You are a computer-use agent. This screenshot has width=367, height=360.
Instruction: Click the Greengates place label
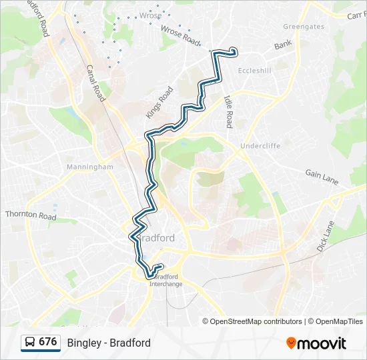pos(303,27)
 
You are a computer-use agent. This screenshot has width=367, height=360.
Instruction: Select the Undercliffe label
pos(260,145)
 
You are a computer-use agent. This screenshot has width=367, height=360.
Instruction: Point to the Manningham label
pos(90,167)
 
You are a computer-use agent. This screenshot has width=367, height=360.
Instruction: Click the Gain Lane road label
pos(322,177)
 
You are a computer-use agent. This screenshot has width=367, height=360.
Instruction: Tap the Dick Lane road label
pos(324,236)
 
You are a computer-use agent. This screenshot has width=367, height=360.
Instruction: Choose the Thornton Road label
pos(30,215)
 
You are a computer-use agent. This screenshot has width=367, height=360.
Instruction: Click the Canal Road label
pos(95,83)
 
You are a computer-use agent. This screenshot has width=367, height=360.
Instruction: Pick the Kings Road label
pos(159,102)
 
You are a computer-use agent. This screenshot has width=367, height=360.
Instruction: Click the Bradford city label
pos(156,238)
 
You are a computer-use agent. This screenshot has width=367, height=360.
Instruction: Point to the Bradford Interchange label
pos(166,280)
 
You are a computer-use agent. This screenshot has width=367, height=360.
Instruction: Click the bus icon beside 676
pos(29,343)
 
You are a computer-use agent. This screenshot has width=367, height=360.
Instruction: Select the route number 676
pos(47,342)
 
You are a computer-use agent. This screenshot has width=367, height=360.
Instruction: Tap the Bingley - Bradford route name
pos(109,343)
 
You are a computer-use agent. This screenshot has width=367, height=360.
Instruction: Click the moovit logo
pos(316,343)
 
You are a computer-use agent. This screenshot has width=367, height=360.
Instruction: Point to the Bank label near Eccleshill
pos(283,45)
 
